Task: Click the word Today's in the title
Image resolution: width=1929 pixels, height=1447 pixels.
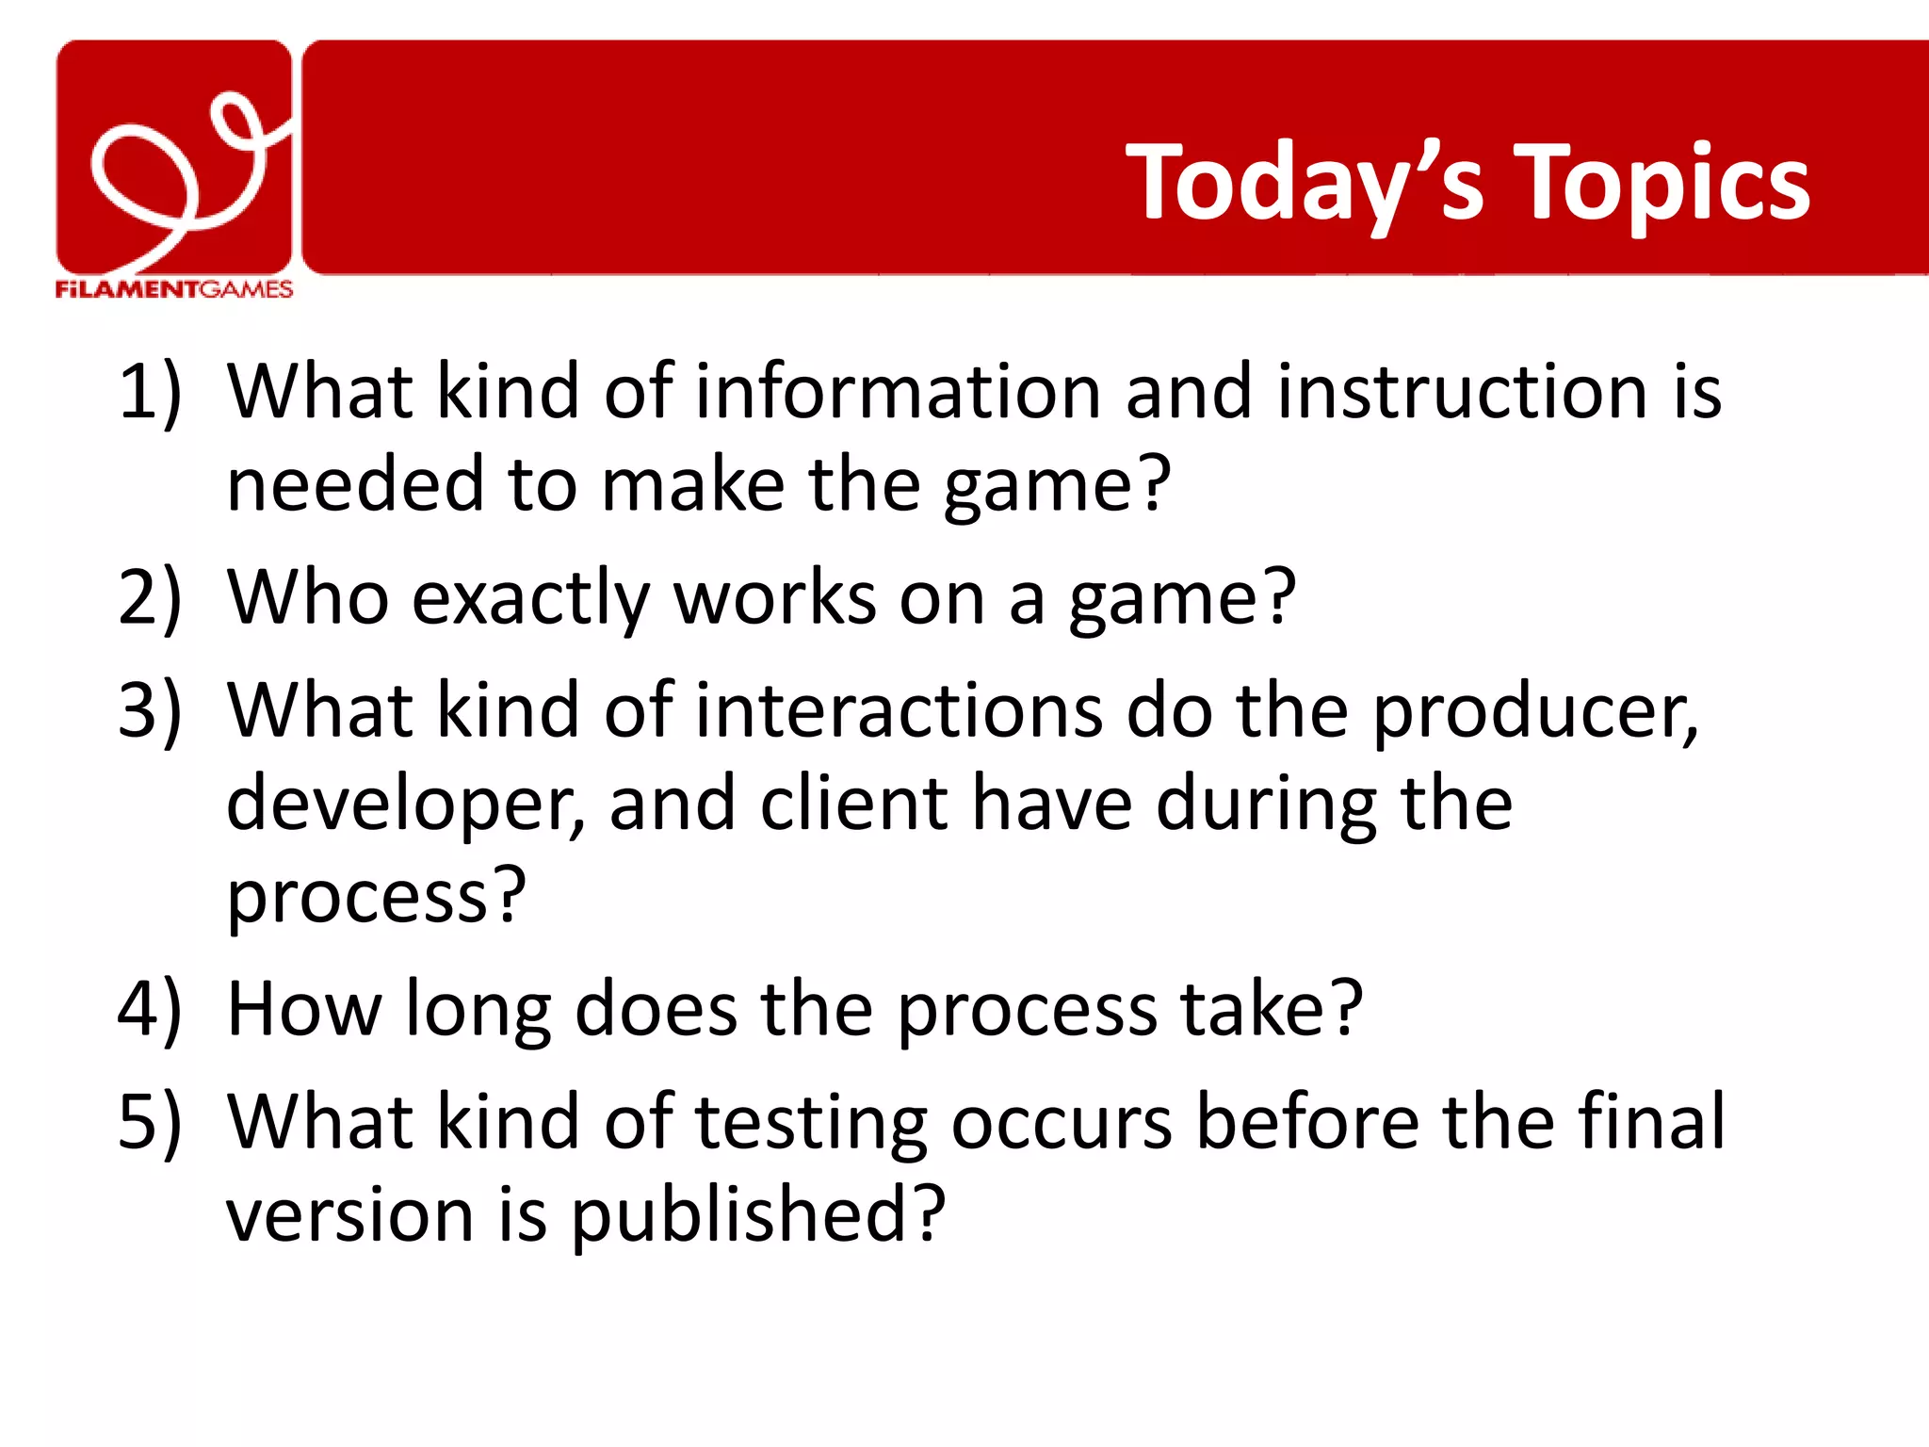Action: (x=1305, y=184)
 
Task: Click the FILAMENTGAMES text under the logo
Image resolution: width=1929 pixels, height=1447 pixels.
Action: (x=174, y=289)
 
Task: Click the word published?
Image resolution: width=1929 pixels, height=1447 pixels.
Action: (x=757, y=1216)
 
